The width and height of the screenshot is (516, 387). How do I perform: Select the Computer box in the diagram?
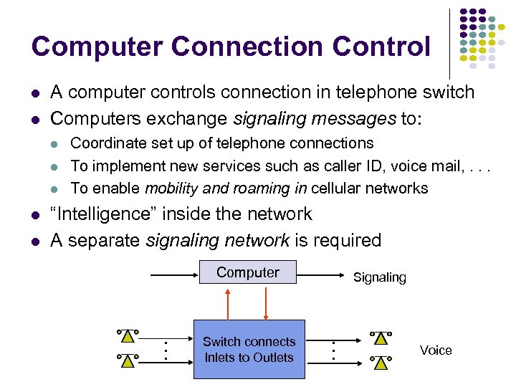248,272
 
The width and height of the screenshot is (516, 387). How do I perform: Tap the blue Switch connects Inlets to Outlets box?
249,350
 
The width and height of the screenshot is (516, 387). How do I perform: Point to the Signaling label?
379,277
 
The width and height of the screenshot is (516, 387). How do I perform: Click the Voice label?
436,350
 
